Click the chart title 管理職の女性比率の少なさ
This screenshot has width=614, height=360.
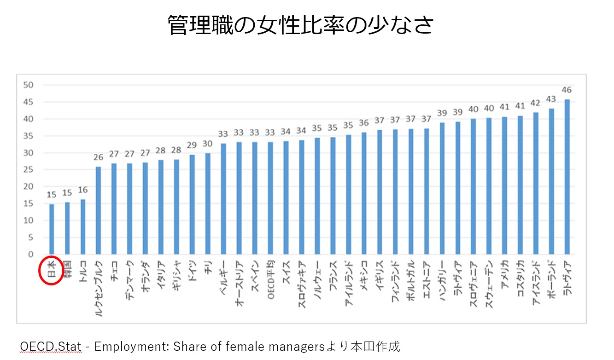(x=300, y=26)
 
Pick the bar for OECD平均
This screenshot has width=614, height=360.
(x=271, y=198)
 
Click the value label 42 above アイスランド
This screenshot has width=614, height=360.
(x=535, y=103)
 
